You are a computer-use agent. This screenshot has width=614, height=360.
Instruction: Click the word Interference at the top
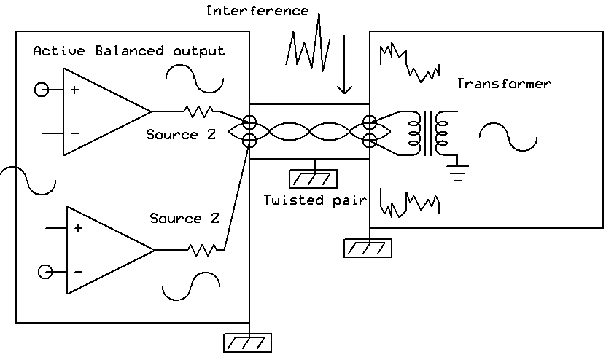[x=257, y=11]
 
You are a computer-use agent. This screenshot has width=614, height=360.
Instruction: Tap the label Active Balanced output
[x=129, y=51]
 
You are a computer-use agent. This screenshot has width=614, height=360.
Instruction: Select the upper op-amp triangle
[x=102, y=111]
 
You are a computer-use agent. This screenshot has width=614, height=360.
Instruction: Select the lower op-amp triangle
[x=106, y=250]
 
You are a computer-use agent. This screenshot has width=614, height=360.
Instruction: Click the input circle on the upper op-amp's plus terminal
[x=42, y=90]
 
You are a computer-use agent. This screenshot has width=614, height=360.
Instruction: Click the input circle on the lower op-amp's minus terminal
[x=46, y=272]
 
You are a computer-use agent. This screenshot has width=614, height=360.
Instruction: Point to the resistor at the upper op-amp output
[x=198, y=111]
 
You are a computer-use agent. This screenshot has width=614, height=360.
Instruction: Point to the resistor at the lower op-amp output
[x=201, y=250]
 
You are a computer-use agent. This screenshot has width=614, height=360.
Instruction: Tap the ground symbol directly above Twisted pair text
[x=314, y=177]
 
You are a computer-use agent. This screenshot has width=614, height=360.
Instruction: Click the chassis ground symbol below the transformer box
[x=368, y=248]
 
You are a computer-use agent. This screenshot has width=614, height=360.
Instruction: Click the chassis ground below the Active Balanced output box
[x=248, y=342]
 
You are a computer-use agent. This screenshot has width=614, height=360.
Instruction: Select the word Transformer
[x=504, y=84]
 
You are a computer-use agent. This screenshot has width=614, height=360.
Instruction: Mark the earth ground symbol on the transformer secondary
[x=458, y=173]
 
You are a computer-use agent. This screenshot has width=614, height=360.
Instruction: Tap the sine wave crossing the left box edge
[x=28, y=181]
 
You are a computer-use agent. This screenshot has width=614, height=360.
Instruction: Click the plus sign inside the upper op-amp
[x=74, y=90]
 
